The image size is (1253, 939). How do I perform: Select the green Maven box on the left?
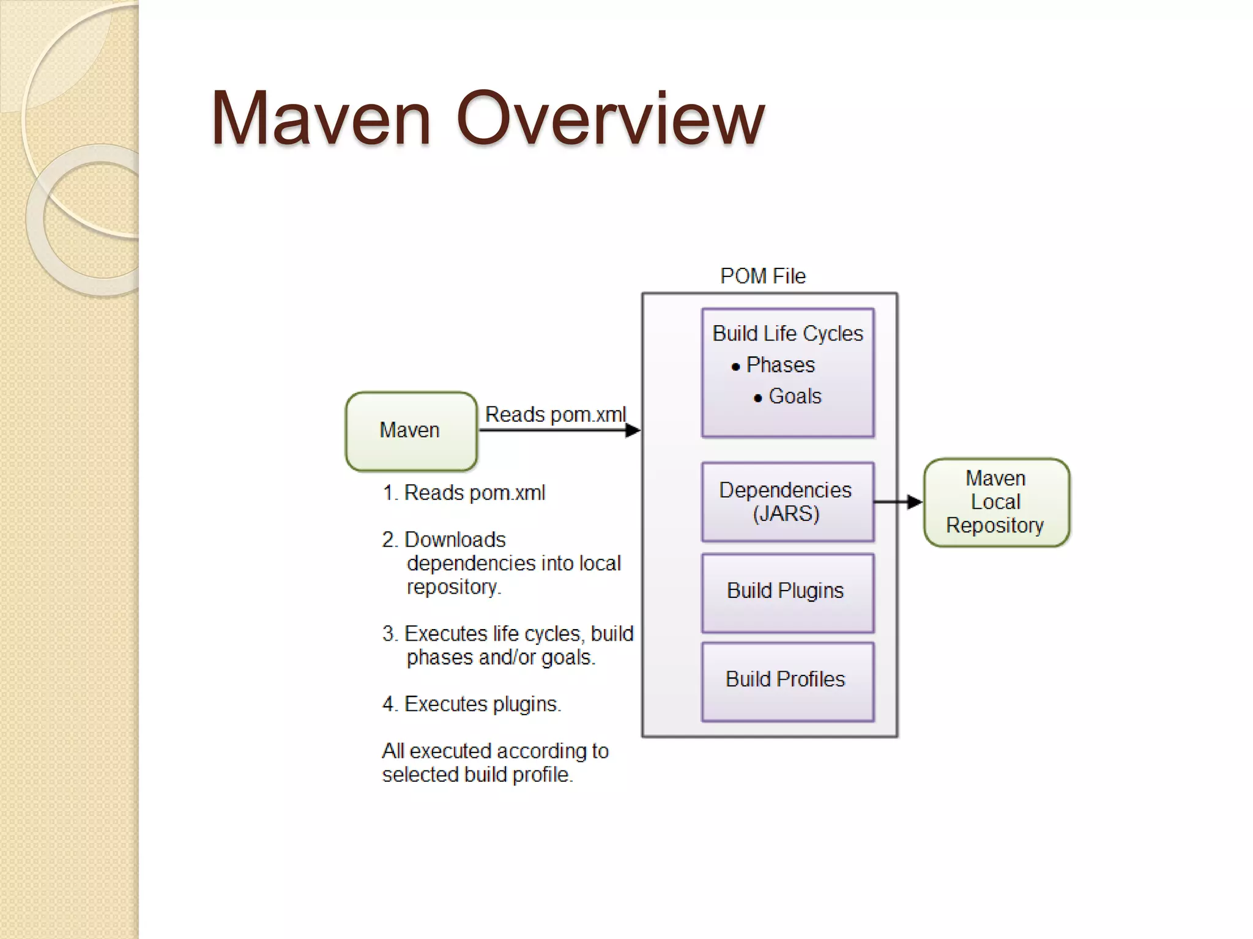411,431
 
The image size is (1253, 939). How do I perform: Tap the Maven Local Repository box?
995,502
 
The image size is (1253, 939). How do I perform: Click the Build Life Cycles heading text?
787,334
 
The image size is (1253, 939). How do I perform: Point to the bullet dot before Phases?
736,367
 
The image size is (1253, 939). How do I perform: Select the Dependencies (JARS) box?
787,502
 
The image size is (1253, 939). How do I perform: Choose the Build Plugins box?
787,592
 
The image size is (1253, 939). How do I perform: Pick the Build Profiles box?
787,680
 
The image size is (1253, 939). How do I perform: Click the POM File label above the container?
763,276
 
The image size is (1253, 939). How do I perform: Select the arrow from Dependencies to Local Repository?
898,502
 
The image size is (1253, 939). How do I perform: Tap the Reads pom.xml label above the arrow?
555,414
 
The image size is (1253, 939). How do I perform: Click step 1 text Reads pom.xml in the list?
474,493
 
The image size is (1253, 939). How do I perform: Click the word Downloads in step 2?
455,540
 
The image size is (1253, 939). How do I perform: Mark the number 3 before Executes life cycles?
389,634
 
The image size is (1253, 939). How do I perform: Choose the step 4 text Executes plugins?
482,704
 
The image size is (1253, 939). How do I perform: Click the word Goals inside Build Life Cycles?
795,396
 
